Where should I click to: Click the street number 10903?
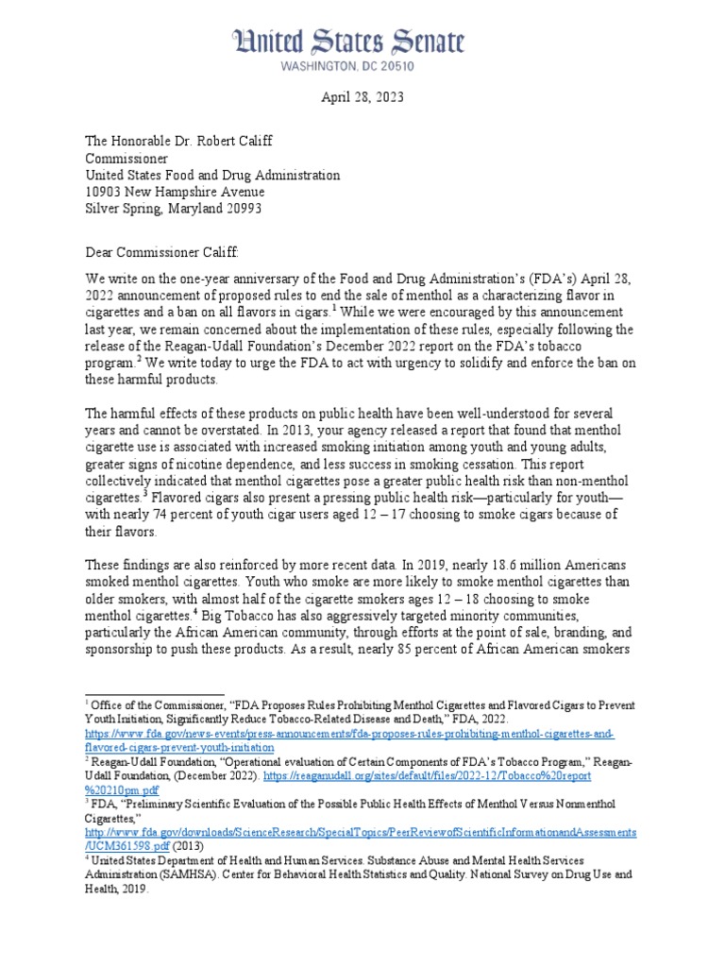point(107,192)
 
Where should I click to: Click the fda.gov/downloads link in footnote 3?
point(358,833)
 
